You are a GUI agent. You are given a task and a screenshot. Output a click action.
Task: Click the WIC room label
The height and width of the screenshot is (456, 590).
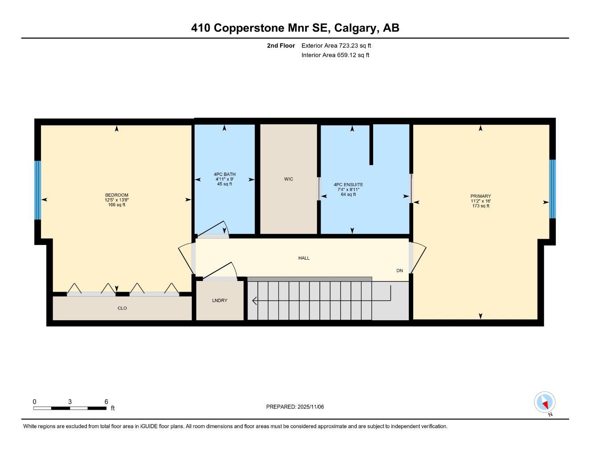(289, 179)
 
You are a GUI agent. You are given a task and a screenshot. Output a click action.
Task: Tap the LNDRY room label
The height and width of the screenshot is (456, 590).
(220, 301)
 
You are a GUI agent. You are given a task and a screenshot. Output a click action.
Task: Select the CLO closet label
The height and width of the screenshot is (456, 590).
(122, 308)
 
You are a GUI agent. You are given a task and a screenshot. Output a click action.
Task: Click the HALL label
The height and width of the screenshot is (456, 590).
(304, 258)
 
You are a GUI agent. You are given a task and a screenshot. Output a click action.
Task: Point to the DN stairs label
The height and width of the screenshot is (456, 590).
(399, 271)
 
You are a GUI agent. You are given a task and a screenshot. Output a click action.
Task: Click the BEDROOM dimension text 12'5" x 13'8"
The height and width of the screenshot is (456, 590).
(117, 200)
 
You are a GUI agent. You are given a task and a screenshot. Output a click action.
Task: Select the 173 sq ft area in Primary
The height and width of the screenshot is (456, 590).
(480, 206)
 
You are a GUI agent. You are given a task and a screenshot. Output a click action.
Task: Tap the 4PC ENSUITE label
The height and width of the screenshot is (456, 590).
(348, 184)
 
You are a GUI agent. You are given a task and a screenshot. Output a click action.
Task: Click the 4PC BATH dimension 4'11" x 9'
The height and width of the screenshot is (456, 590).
(224, 179)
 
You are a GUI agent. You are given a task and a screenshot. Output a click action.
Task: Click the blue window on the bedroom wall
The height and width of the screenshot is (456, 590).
(38, 190)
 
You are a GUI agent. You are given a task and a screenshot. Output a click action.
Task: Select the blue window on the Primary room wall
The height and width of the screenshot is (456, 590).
(552, 189)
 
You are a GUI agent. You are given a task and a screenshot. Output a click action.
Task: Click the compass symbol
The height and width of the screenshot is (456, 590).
(545, 403)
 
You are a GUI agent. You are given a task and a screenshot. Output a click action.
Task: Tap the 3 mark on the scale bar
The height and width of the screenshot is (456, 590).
(70, 402)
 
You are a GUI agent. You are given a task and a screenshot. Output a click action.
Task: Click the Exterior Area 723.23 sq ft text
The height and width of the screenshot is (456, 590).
(336, 45)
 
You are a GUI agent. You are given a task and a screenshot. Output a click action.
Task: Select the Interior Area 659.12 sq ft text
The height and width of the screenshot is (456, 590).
(335, 55)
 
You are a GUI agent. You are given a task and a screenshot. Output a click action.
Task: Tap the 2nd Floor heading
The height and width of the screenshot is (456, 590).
(281, 45)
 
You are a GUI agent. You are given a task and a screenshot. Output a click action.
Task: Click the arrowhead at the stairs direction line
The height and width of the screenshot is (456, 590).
(254, 301)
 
